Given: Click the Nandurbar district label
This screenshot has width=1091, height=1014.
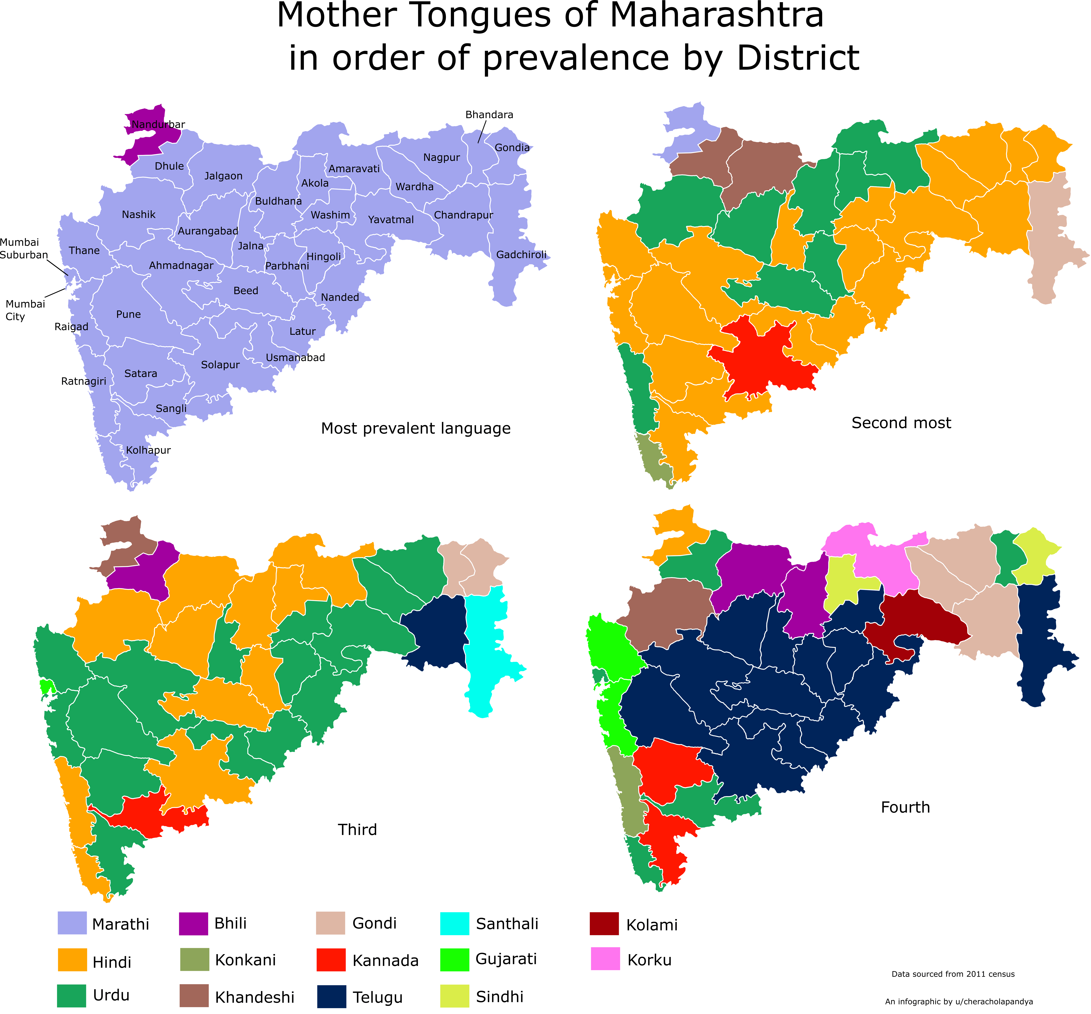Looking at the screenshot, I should click(158, 125).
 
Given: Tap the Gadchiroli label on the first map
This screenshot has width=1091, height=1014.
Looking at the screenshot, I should click(521, 255).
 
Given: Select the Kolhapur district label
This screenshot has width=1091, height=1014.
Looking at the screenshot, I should click(148, 450).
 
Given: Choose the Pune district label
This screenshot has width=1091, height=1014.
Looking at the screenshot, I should click(128, 314).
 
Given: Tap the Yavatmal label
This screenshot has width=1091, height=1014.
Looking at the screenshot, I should click(390, 220).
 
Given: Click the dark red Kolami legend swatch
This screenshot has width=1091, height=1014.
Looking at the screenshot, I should click(604, 924).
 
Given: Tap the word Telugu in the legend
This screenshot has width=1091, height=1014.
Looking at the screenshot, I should click(377, 997).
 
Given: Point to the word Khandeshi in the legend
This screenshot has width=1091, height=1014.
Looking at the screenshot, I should click(254, 997).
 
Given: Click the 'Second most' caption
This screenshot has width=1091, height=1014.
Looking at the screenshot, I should click(901, 423).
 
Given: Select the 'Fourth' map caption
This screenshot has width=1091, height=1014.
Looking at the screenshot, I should click(905, 807).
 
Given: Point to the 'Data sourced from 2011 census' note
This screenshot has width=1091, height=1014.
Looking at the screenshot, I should click(953, 974).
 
